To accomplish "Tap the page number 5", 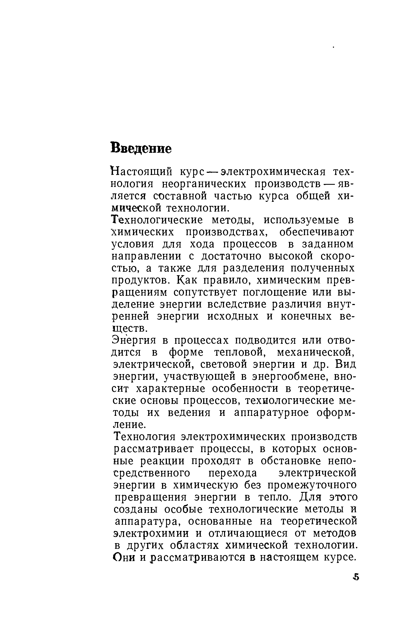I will (x=356, y=584).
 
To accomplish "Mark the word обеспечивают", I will (x=317, y=232).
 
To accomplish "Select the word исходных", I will (x=233, y=316).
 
